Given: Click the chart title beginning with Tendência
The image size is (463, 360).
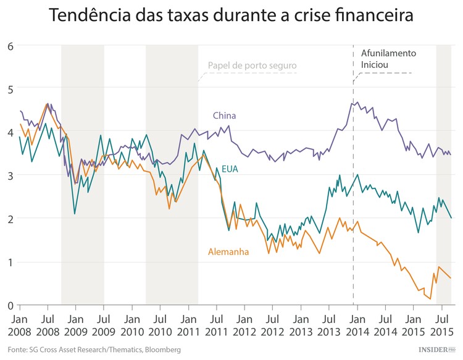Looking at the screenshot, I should point(231,15).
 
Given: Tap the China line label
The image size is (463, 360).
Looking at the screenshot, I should point(224,115).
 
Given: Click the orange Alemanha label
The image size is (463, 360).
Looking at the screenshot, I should point(229,252).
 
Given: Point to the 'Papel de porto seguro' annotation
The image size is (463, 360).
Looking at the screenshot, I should point(252,65).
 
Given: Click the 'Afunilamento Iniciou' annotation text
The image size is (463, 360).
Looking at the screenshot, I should point(388,59).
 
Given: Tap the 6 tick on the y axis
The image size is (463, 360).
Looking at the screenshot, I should point(10,46).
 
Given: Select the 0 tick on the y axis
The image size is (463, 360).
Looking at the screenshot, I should point(10,306).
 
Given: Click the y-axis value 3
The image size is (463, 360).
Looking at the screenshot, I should point(10,175).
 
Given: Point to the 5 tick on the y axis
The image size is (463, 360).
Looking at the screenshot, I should point(10,89).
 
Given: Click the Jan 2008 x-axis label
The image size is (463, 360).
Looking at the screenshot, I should point(19,325).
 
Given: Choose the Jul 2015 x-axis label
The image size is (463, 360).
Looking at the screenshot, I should point(441,325).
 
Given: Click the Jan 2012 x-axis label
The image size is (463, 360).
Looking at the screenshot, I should point(244,325).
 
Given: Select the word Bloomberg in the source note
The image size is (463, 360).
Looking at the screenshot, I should point(160,350).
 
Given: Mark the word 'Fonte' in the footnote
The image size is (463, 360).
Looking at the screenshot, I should point(18,350).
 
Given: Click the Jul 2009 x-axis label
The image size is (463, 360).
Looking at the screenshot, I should point(104,325).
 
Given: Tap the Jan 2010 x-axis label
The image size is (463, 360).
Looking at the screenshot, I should point(131,325).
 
